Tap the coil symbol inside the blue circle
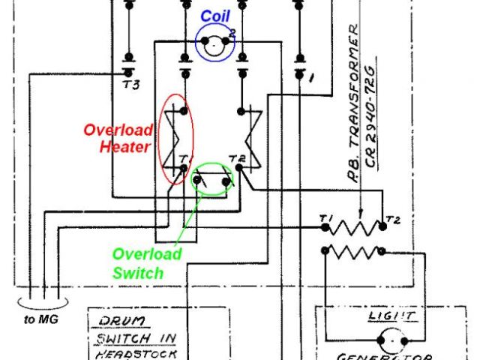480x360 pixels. click(x=216, y=45)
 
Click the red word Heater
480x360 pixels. click(x=124, y=148)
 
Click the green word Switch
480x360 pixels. click(x=137, y=273)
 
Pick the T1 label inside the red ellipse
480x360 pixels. click(x=184, y=158)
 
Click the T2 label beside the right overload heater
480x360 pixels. click(x=238, y=157)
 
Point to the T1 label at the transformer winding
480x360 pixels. click(x=325, y=218)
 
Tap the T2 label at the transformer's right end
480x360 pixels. click(x=392, y=220)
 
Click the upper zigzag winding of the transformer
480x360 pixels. click(x=355, y=226)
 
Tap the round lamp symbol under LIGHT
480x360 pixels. click(x=390, y=340)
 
